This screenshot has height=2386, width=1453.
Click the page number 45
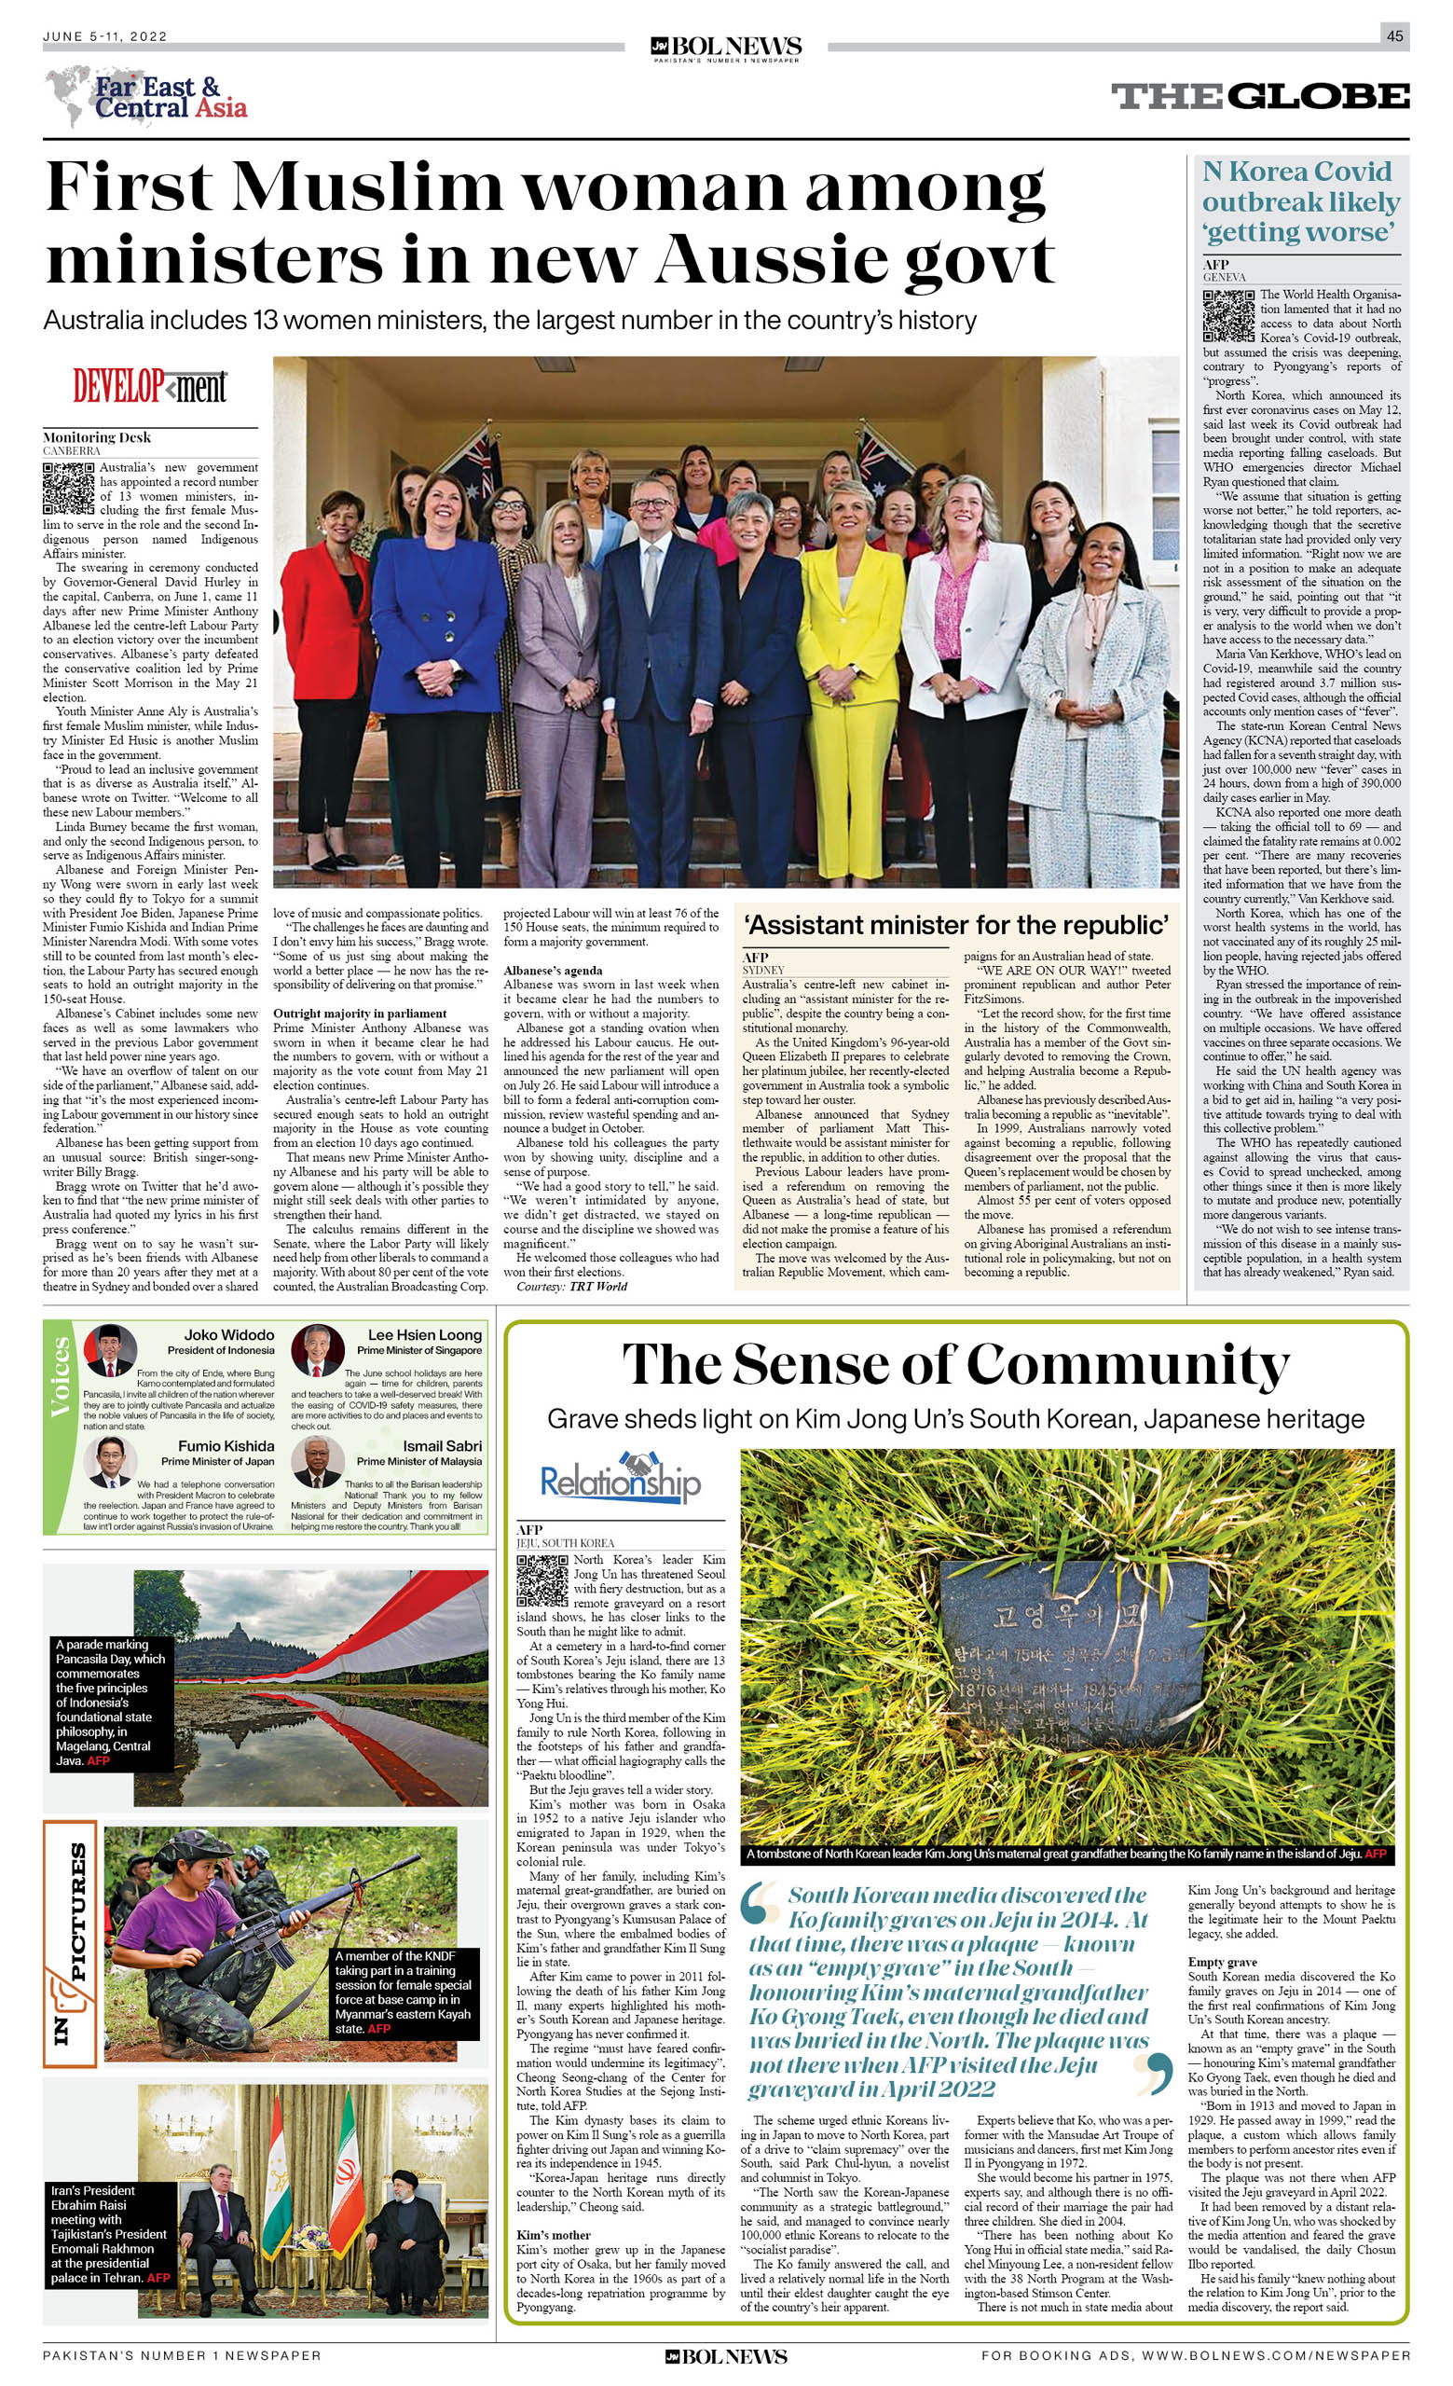(x=1394, y=35)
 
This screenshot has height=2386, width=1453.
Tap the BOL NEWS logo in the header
(x=726, y=48)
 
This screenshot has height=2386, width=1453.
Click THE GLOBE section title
(x=1259, y=96)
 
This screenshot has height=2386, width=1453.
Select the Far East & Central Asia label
(x=170, y=98)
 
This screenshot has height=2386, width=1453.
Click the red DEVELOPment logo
(x=150, y=386)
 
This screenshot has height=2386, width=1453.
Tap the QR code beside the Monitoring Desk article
(x=68, y=488)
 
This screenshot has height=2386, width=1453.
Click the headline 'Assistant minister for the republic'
(x=956, y=925)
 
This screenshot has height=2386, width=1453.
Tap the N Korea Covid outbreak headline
(x=1300, y=201)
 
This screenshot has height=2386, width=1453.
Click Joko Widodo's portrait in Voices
(x=109, y=1350)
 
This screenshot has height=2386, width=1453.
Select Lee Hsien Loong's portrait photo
(x=318, y=1350)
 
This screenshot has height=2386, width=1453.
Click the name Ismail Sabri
(x=443, y=1446)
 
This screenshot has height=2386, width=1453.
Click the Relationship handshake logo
(x=620, y=1480)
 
